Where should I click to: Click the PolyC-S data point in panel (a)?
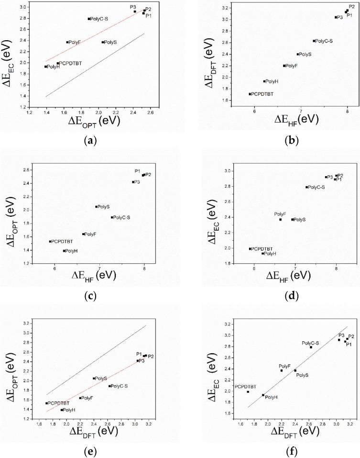tap(89, 19)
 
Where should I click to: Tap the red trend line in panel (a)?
tap(96, 35)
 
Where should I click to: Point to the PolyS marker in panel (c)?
tap(97, 207)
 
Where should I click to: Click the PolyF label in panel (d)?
tap(280, 213)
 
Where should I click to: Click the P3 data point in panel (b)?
tap(336, 17)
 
